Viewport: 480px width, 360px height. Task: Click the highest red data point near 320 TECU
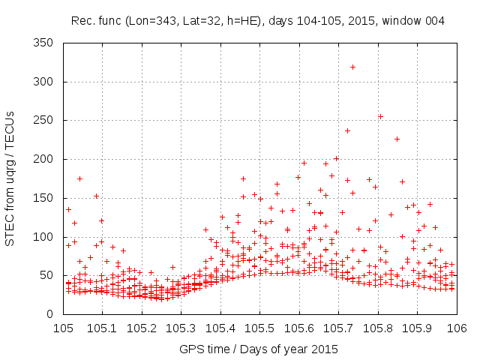352,67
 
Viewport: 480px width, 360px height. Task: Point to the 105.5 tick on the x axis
259,328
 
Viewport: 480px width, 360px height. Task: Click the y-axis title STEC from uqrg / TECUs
10,178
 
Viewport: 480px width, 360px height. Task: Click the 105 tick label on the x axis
63,328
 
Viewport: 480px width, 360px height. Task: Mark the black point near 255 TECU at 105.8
380,116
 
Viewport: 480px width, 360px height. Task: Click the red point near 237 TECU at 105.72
347,130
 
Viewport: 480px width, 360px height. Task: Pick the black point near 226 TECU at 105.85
397,139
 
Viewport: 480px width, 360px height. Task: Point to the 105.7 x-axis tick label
338,328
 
